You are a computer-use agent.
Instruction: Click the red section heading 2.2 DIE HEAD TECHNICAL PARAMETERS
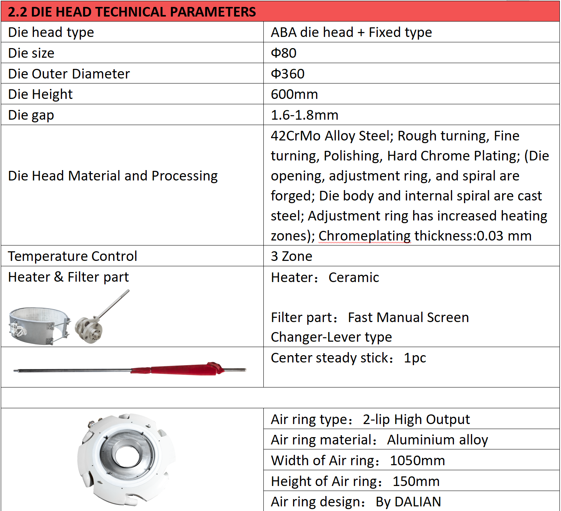(132, 12)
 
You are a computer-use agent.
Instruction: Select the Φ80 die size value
(283, 53)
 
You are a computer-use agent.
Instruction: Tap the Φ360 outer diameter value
(288, 74)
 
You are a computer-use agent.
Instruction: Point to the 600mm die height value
(294, 94)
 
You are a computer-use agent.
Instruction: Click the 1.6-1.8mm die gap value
(304, 115)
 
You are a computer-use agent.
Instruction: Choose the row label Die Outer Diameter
(69, 74)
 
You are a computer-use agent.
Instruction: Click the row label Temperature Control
(72, 256)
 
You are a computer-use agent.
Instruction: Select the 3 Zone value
(291, 256)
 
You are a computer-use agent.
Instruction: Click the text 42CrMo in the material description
(295, 136)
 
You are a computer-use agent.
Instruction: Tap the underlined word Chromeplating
(364, 236)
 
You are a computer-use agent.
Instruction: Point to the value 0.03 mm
(504, 236)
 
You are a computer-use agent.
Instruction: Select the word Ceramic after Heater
(353, 277)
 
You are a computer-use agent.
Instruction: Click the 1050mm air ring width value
(417, 461)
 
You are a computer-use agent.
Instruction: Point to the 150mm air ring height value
(416, 481)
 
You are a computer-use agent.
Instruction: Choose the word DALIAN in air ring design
(418, 502)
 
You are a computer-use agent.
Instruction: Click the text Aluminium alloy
(437, 440)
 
